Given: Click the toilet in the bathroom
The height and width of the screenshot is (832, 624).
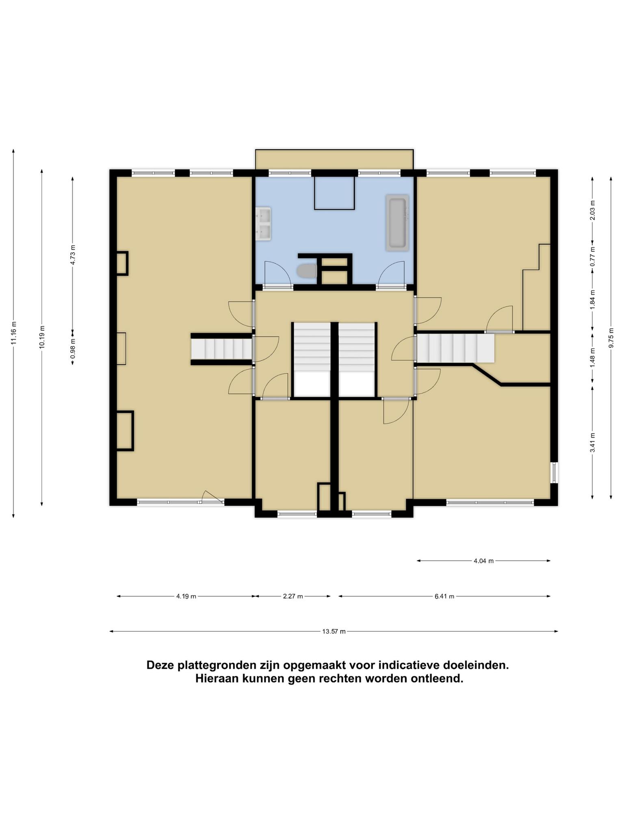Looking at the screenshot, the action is tap(307, 271).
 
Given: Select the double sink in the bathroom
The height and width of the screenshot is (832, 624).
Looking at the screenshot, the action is tap(263, 224).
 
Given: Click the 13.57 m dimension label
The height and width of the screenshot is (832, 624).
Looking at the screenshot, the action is tap(334, 631).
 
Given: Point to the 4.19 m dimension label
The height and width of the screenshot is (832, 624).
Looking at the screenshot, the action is tap(186, 596).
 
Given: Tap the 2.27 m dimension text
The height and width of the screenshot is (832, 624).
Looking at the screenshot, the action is tap(293, 596).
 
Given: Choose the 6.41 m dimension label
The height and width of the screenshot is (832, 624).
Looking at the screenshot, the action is tap(444, 596).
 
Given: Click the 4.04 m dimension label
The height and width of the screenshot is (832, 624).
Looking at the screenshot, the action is tap(483, 561).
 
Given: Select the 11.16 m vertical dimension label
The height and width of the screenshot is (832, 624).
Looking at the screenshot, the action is tap(14, 333).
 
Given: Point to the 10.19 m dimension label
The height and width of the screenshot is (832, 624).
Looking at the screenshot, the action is tap(42, 337).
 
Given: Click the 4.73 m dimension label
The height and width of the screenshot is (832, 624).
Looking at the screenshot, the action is tap(73, 255).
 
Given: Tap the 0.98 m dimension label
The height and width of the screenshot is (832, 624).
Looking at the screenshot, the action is tap(73, 349).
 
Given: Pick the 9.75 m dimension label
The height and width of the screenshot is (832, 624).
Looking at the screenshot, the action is tap(611, 337).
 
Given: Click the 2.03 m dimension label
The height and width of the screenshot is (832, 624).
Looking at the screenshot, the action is tap(592, 210).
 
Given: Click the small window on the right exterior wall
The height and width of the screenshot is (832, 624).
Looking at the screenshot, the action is tap(554, 472).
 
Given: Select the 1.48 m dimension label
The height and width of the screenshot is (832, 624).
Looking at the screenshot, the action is tap(592, 358).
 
